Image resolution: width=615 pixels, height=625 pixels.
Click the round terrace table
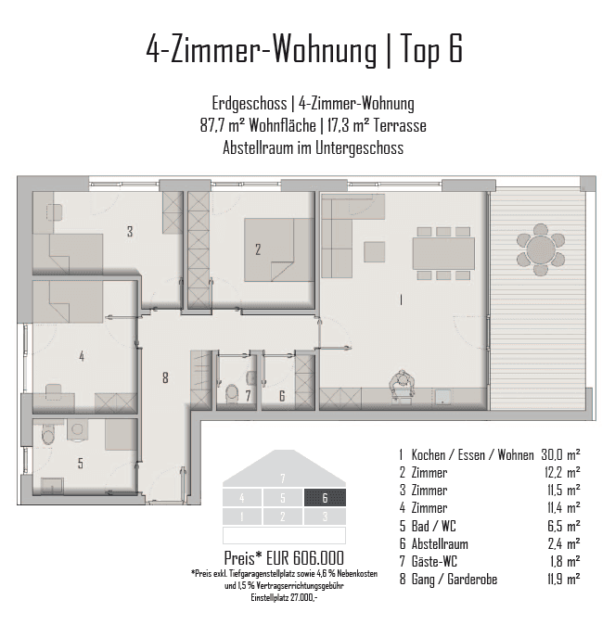pos(541,250)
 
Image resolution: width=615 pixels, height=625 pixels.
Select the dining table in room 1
pos(443,253)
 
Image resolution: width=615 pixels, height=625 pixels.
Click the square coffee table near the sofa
pos(375,251)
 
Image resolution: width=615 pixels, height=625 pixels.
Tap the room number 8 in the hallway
pos(165,377)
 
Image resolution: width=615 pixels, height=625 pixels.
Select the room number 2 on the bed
pos(258,249)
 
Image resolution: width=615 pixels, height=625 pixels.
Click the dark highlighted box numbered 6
pos(325,497)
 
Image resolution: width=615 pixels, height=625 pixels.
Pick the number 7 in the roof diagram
pos(283,478)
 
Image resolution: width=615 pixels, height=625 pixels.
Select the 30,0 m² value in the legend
pos(560,454)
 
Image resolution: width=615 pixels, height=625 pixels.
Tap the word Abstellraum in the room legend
pos(440,543)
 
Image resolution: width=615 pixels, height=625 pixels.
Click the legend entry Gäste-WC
pos(434,561)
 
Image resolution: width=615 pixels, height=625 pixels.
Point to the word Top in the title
pos(420,49)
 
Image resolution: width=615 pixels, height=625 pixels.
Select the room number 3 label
pos(130,231)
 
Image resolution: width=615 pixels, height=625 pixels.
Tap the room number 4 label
pos(82,356)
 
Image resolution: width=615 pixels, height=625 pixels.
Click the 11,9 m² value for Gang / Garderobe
pos(564,579)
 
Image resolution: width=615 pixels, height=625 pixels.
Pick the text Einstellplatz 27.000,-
pos(284,597)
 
